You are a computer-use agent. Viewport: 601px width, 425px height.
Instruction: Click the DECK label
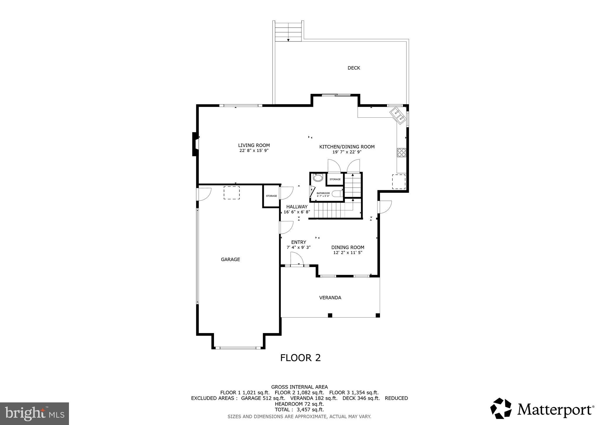(x=354, y=68)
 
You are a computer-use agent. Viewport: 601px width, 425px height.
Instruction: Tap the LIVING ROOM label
(x=254, y=145)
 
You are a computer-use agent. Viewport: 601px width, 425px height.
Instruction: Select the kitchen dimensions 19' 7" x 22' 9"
(x=347, y=152)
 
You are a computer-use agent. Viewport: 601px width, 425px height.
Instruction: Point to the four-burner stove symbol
(x=401, y=152)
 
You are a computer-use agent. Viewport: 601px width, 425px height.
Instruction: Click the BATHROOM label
(x=323, y=193)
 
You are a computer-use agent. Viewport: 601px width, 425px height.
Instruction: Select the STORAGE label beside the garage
(x=271, y=196)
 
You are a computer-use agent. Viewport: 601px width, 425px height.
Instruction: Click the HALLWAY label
(x=297, y=207)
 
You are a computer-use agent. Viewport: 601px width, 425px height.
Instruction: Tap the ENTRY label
(x=298, y=242)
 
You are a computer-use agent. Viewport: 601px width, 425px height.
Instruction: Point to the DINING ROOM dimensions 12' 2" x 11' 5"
(x=348, y=253)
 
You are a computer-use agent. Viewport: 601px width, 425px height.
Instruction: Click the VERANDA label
(x=330, y=298)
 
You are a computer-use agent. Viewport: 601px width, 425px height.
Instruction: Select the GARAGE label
(x=230, y=259)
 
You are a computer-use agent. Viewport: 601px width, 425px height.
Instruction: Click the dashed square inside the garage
(x=232, y=193)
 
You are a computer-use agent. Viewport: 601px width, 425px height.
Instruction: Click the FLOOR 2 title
(x=300, y=358)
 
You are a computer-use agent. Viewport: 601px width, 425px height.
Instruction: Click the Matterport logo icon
(x=501, y=408)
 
